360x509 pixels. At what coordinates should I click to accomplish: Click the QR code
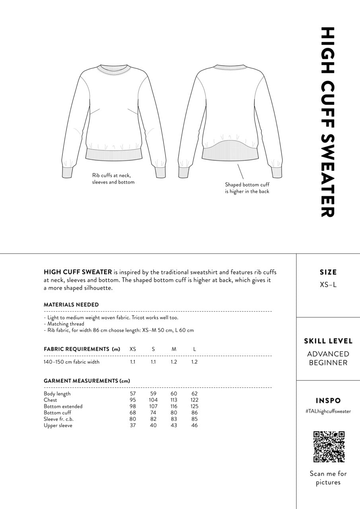point(329,447)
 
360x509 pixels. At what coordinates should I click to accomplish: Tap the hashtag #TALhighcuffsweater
point(328,412)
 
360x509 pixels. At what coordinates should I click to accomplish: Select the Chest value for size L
point(195,400)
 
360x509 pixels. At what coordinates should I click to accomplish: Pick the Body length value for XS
point(133,394)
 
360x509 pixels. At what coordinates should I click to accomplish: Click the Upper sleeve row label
point(58,425)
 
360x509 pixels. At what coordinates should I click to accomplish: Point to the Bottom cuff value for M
point(174,413)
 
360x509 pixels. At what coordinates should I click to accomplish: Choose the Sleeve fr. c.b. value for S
point(153,419)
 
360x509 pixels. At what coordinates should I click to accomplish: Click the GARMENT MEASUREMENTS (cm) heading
point(87,381)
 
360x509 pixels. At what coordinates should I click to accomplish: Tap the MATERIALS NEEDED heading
point(71,305)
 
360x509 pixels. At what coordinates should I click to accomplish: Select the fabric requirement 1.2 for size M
point(174,362)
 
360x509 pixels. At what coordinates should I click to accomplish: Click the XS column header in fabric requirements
point(133,349)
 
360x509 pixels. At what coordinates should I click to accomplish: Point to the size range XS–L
point(328,285)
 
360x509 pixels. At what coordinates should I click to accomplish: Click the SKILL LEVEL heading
point(328,341)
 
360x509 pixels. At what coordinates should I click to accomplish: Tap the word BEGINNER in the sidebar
point(328,363)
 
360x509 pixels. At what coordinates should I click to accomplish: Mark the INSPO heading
point(328,401)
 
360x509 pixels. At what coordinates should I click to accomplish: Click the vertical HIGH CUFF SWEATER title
point(327,122)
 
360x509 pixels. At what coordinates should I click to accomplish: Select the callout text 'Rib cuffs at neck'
point(111,175)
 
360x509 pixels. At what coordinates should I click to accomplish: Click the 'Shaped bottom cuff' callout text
point(247,185)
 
